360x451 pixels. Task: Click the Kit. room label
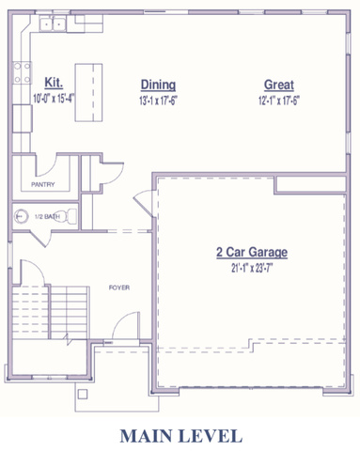[54, 83]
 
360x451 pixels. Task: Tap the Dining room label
[158, 85]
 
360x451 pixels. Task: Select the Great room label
[279, 85]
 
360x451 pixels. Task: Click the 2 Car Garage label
[252, 252]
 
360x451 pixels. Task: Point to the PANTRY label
[43, 184]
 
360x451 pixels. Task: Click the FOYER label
[119, 288]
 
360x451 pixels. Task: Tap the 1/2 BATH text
[47, 216]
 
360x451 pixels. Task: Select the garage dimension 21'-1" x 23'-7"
[252, 269]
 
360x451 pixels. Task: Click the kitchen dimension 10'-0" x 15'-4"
[54, 99]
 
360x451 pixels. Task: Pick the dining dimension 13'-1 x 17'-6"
[158, 101]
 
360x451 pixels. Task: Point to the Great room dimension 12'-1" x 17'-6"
[279, 101]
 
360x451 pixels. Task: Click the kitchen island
[88, 92]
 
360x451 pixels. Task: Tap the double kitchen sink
[53, 23]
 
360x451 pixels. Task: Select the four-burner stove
[23, 72]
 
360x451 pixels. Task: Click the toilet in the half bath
[66, 216]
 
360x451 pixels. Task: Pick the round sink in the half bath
[21, 216]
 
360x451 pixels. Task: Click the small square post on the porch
[83, 394]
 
